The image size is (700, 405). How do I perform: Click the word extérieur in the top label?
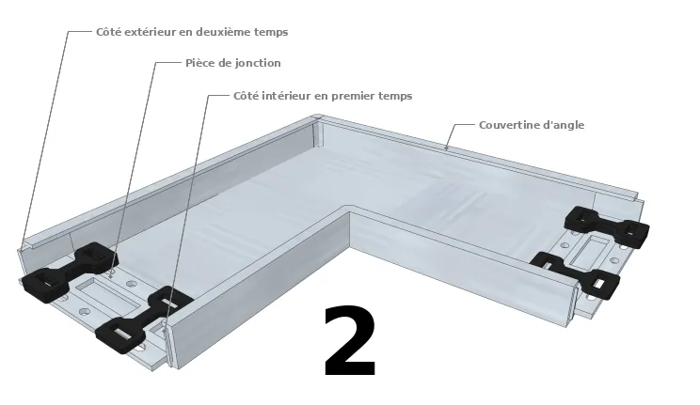point(157,32)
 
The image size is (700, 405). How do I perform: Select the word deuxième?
point(232,32)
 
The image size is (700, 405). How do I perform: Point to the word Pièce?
point(201,63)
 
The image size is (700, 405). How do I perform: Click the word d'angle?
point(565,125)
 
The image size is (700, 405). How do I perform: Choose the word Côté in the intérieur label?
point(247,96)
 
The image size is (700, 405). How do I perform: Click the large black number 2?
point(350,341)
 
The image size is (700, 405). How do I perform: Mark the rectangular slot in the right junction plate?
point(593,249)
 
